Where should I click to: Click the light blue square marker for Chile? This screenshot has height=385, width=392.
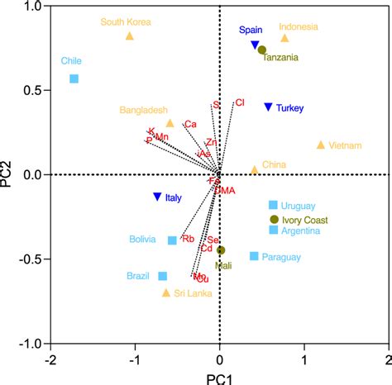74,78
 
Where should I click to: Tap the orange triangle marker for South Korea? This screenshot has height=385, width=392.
130,36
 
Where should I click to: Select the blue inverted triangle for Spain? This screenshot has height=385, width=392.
256,45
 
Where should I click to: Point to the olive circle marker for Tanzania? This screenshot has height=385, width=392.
262,50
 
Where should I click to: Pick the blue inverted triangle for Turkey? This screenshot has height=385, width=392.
268,107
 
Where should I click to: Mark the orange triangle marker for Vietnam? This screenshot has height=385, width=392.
321,145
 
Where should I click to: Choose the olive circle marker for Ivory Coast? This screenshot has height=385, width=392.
275,219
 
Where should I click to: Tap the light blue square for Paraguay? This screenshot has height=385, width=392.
254,256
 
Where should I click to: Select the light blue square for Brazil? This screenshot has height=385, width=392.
163,276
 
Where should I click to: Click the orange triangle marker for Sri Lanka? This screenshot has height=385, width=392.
166,292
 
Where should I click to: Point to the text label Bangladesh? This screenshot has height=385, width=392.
144,109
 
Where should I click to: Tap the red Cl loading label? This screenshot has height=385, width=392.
240,102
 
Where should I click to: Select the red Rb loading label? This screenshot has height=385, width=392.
189,239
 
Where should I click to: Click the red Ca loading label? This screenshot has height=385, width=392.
190,124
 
